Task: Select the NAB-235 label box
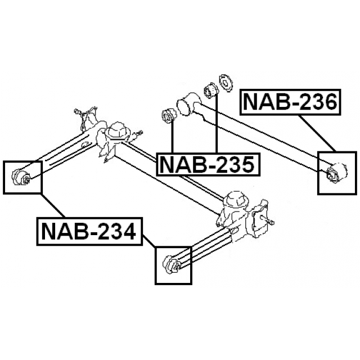click(x=208, y=164)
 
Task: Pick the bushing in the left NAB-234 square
click(x=22, y=177)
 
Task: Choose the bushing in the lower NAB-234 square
click(x=171, y=264)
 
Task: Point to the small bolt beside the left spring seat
click(x=140, y=133)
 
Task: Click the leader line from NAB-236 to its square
click(x=317, y=133)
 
